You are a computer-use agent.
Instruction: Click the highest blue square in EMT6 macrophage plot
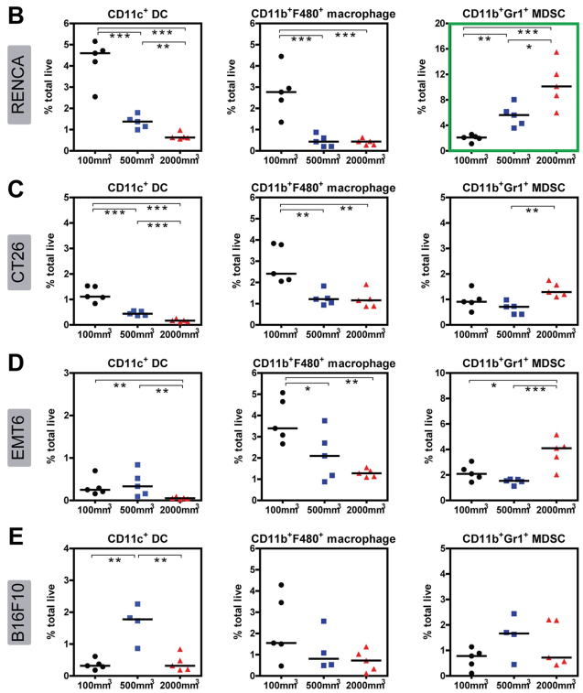[x=325, y=422]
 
